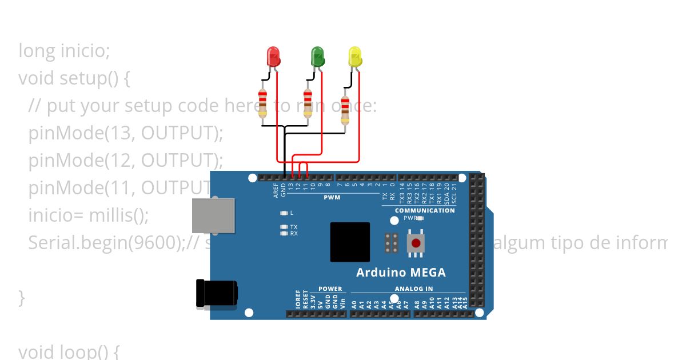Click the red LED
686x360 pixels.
[x=274, y=56]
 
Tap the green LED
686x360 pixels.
[x=317, y=56]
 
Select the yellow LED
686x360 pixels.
[x=355, y=56]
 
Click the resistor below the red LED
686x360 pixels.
[x=262, y=103]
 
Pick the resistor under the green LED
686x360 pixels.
[x=307, y=103]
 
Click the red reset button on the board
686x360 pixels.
[x=416, y=243]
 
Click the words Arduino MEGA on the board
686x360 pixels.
[x=401, y=272]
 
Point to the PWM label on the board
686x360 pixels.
[x=332, y=198]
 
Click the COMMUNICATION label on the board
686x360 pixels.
[x=425, y=210]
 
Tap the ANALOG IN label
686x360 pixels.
[x=413, y=289]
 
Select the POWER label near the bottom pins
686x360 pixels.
[x=330, y=289]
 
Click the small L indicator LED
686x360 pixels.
[x=284, y=213]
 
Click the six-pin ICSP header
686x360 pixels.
[x=392, y=243]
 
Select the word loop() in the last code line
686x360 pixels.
[x=89, y=351]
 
